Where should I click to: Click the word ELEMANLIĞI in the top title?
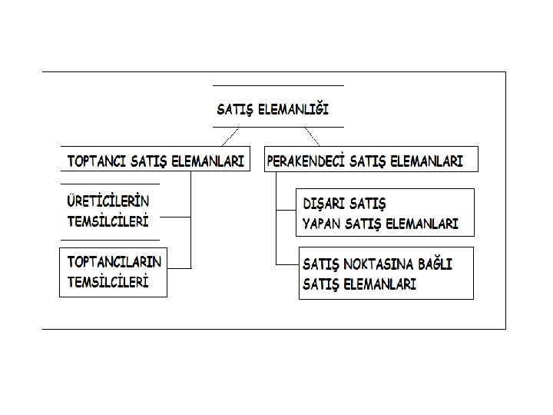pyautogui.click(x=293, y=110)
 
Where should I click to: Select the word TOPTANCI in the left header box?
pyautogui.click(x=96, y=161)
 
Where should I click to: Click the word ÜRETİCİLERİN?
pyautogui.click(x=109, y=201)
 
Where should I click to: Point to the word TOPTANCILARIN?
pyautogui.click(x=115, y=261)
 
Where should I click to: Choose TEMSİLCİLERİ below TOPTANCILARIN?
pyautogui.click(x=108, y=281)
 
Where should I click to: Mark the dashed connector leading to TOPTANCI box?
pyautogui.click(x=230, y=136)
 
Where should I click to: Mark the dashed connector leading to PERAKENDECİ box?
pyautogui.click(x=311, y=136)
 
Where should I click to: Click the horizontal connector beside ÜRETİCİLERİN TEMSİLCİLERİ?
pyautogui.click(x=176, y=217)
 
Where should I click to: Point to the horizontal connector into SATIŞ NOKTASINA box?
pyautogui.click(x=286, y=263)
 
